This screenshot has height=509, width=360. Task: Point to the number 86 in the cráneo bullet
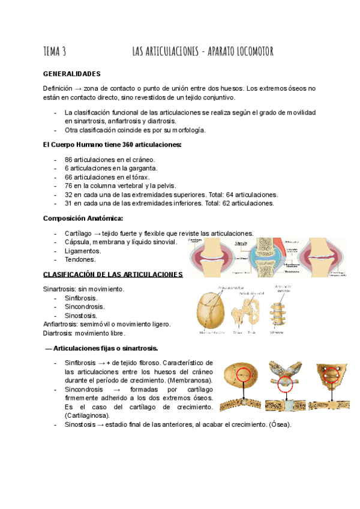[68, 160]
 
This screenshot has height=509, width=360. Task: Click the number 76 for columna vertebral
[68, 186]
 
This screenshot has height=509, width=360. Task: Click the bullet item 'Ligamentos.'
[83, 251]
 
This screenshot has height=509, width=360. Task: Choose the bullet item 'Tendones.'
[80, 260]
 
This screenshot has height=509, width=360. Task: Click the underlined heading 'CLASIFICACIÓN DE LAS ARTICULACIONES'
[113, 274]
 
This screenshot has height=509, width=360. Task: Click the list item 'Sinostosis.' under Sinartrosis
[81, 315]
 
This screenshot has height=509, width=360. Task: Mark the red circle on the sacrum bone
[332, 376]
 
